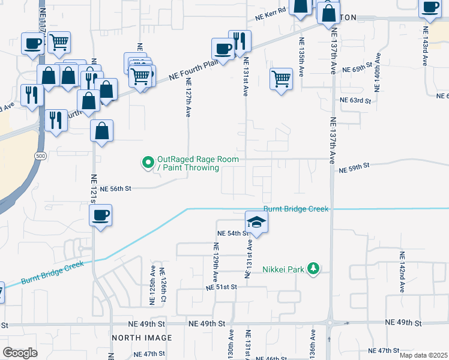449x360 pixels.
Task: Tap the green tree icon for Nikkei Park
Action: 312,268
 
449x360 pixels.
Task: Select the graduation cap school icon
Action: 256,221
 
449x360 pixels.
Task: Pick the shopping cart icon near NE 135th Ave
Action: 281,79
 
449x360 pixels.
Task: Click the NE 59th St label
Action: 352,170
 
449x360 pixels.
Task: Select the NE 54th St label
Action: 232,233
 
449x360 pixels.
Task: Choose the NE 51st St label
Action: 221,287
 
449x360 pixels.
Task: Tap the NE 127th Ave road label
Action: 188,98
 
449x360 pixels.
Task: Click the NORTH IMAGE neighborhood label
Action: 142,338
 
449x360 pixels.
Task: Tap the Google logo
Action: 20,352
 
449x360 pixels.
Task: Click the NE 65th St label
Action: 354,70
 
